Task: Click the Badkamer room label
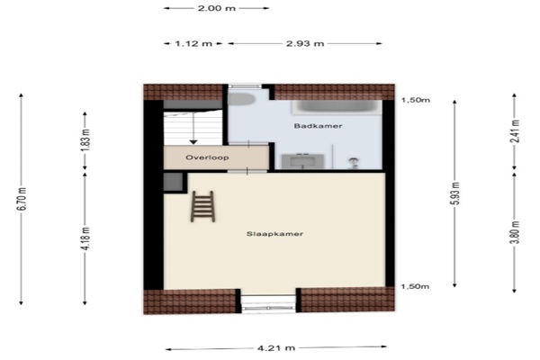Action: (x=318, y=126)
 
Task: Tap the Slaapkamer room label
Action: (x=274, y=234)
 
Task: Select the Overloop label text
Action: (x=207, y=157)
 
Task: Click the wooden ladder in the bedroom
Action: (x=202, y=207)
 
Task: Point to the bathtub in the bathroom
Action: (x=337, y=106)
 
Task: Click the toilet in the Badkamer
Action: (x=241, y=99)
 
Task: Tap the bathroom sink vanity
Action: (x=302, y=161)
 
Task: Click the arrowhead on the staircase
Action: (x=193, y=141)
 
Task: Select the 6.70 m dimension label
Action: (x=22, y=199)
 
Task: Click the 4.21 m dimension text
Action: (x=276, y=348)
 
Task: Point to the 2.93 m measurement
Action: (x=305, y=43)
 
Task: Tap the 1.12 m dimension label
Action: (x=193, y=43)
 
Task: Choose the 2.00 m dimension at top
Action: (x=217, y=8)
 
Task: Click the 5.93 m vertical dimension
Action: (x=454, y=193)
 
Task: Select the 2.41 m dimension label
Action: (x=515, y=130)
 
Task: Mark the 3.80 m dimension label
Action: (x=515, y=232)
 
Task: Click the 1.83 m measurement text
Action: (x=85, y=140)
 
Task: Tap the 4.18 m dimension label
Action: (x=85, y=238)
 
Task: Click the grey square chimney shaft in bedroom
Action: (x=173, y=182)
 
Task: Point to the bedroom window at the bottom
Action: (x=268, y=303)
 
